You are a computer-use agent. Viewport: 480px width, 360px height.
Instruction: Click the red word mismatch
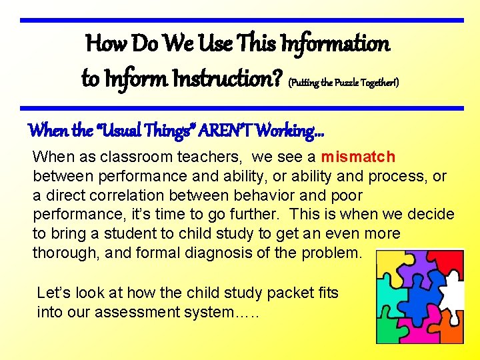(x=358, y=157)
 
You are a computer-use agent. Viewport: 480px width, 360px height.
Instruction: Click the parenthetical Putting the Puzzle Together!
(x=343, y=83)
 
